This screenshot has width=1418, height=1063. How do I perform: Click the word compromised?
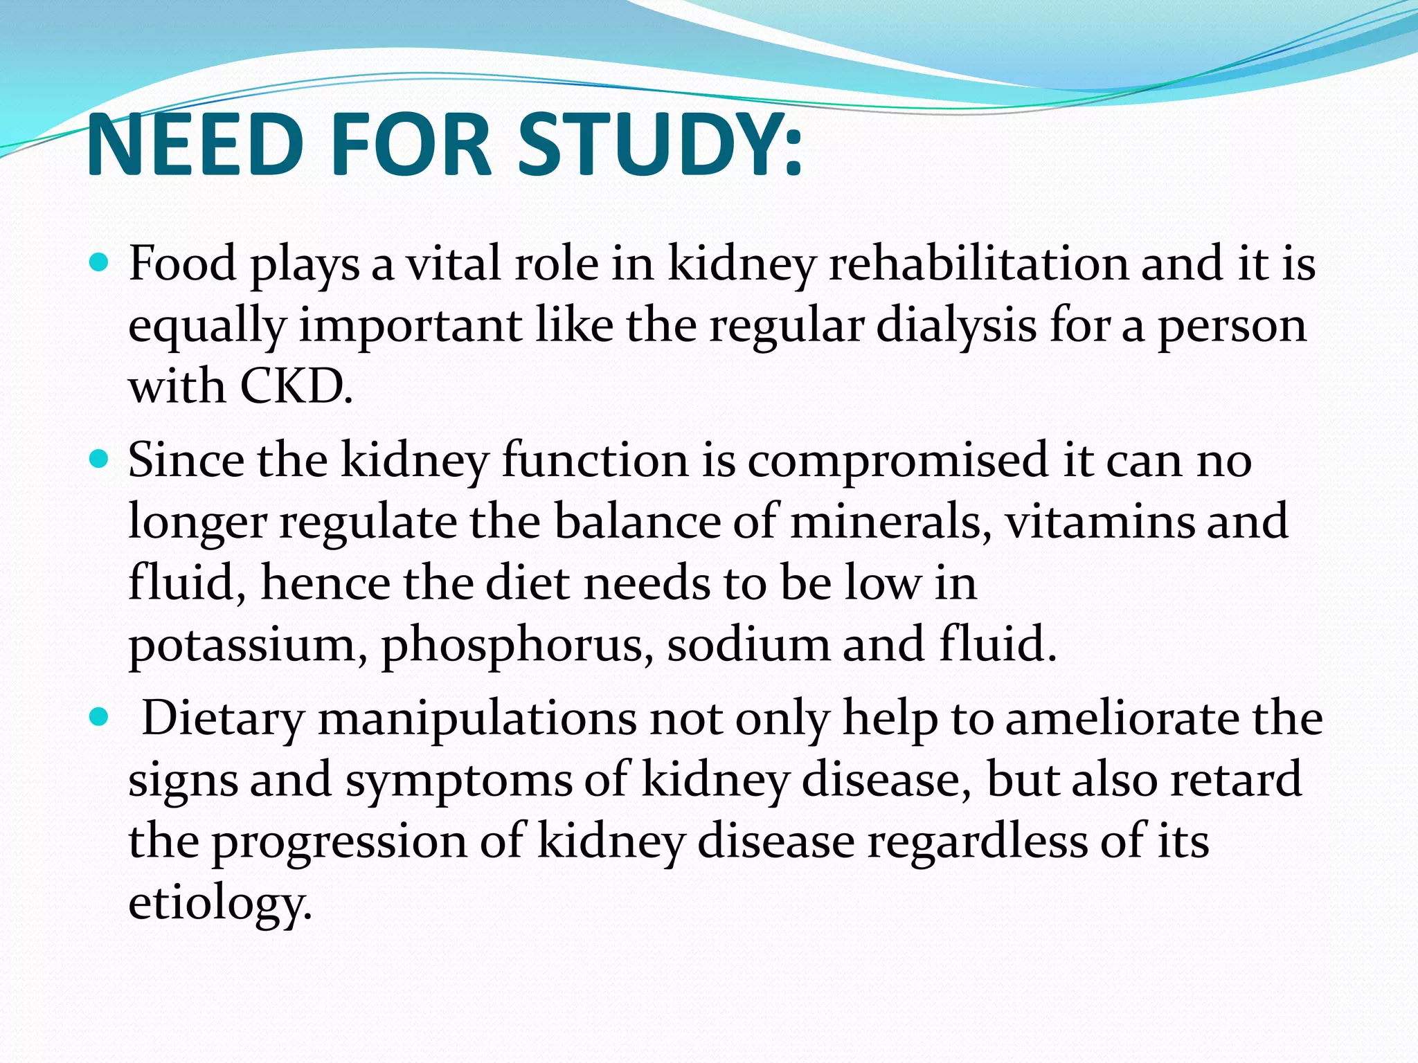tap(899, 460)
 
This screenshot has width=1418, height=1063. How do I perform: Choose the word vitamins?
tap(1100, 521)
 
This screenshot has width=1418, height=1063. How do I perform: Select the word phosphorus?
tap(517, 645)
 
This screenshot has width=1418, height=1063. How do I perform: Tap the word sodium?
tap(748, 644)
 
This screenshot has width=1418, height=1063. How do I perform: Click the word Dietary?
tap(223, 719)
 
